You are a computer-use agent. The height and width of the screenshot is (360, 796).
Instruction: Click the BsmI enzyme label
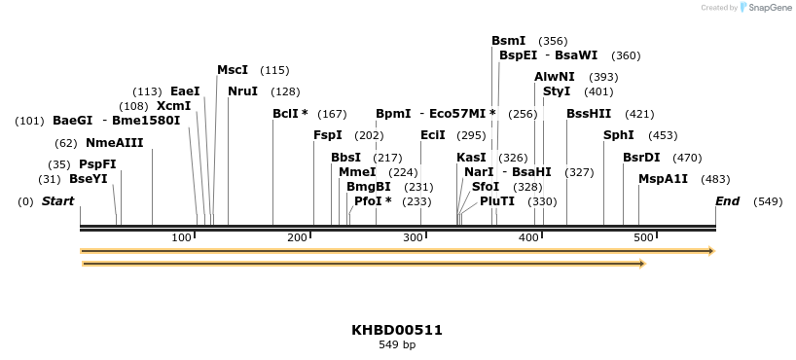pyautogui.click(x=508, y=41)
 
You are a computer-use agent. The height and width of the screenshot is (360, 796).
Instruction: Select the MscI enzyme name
pyautogui.click(x=233, y=70)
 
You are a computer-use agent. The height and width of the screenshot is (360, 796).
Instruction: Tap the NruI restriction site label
pyautogui.click(x=242, y=91)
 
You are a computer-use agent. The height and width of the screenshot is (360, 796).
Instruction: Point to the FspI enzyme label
pyautogui.click(x=328, y=135)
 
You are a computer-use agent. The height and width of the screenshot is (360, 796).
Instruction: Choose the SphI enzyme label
pyautogui.click(x=619, y=135)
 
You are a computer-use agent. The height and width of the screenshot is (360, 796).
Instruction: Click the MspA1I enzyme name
pyautogui.click(x=663, y=179)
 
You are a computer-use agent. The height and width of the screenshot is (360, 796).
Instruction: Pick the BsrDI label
pyautogui.click(x=641, y=158)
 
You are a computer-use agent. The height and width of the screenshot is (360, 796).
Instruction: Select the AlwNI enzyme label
pyautogui.click(x=555, y=77)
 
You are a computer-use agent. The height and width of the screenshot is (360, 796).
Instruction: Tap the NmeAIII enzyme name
pyautogui.click(x=114, y=143)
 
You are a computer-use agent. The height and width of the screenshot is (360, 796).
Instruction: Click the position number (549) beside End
pyautogui.click(x=768, y=201)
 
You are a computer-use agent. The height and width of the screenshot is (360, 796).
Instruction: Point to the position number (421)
pyautogui.click(x=639, y=114)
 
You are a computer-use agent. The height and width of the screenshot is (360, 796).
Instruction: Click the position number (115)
pyautogui.click(x=274, y=70)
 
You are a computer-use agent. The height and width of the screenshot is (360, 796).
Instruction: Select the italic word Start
pyautogui.click(x=57, y=201)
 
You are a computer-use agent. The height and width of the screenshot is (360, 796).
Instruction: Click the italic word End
pyautogui.click(x=728, y=201)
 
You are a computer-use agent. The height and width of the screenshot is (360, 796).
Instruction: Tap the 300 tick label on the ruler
pyautogui.click(x=413, y=238)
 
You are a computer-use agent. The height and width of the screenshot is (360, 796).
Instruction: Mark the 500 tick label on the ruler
pyautogui.click(x=642, y=238)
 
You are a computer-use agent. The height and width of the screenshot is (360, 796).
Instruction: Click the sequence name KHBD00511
pyautogui.click(x=397, y=330)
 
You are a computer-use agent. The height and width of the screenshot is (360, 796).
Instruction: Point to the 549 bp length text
pyautogui.click(x=397, y=344)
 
